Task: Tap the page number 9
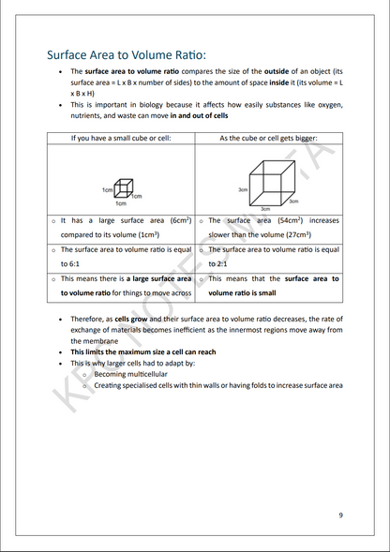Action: point(340,515)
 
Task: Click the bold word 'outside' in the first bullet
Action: point(286,71)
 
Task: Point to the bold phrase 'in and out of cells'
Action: point(199,115)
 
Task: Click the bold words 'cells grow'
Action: point(131,319)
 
